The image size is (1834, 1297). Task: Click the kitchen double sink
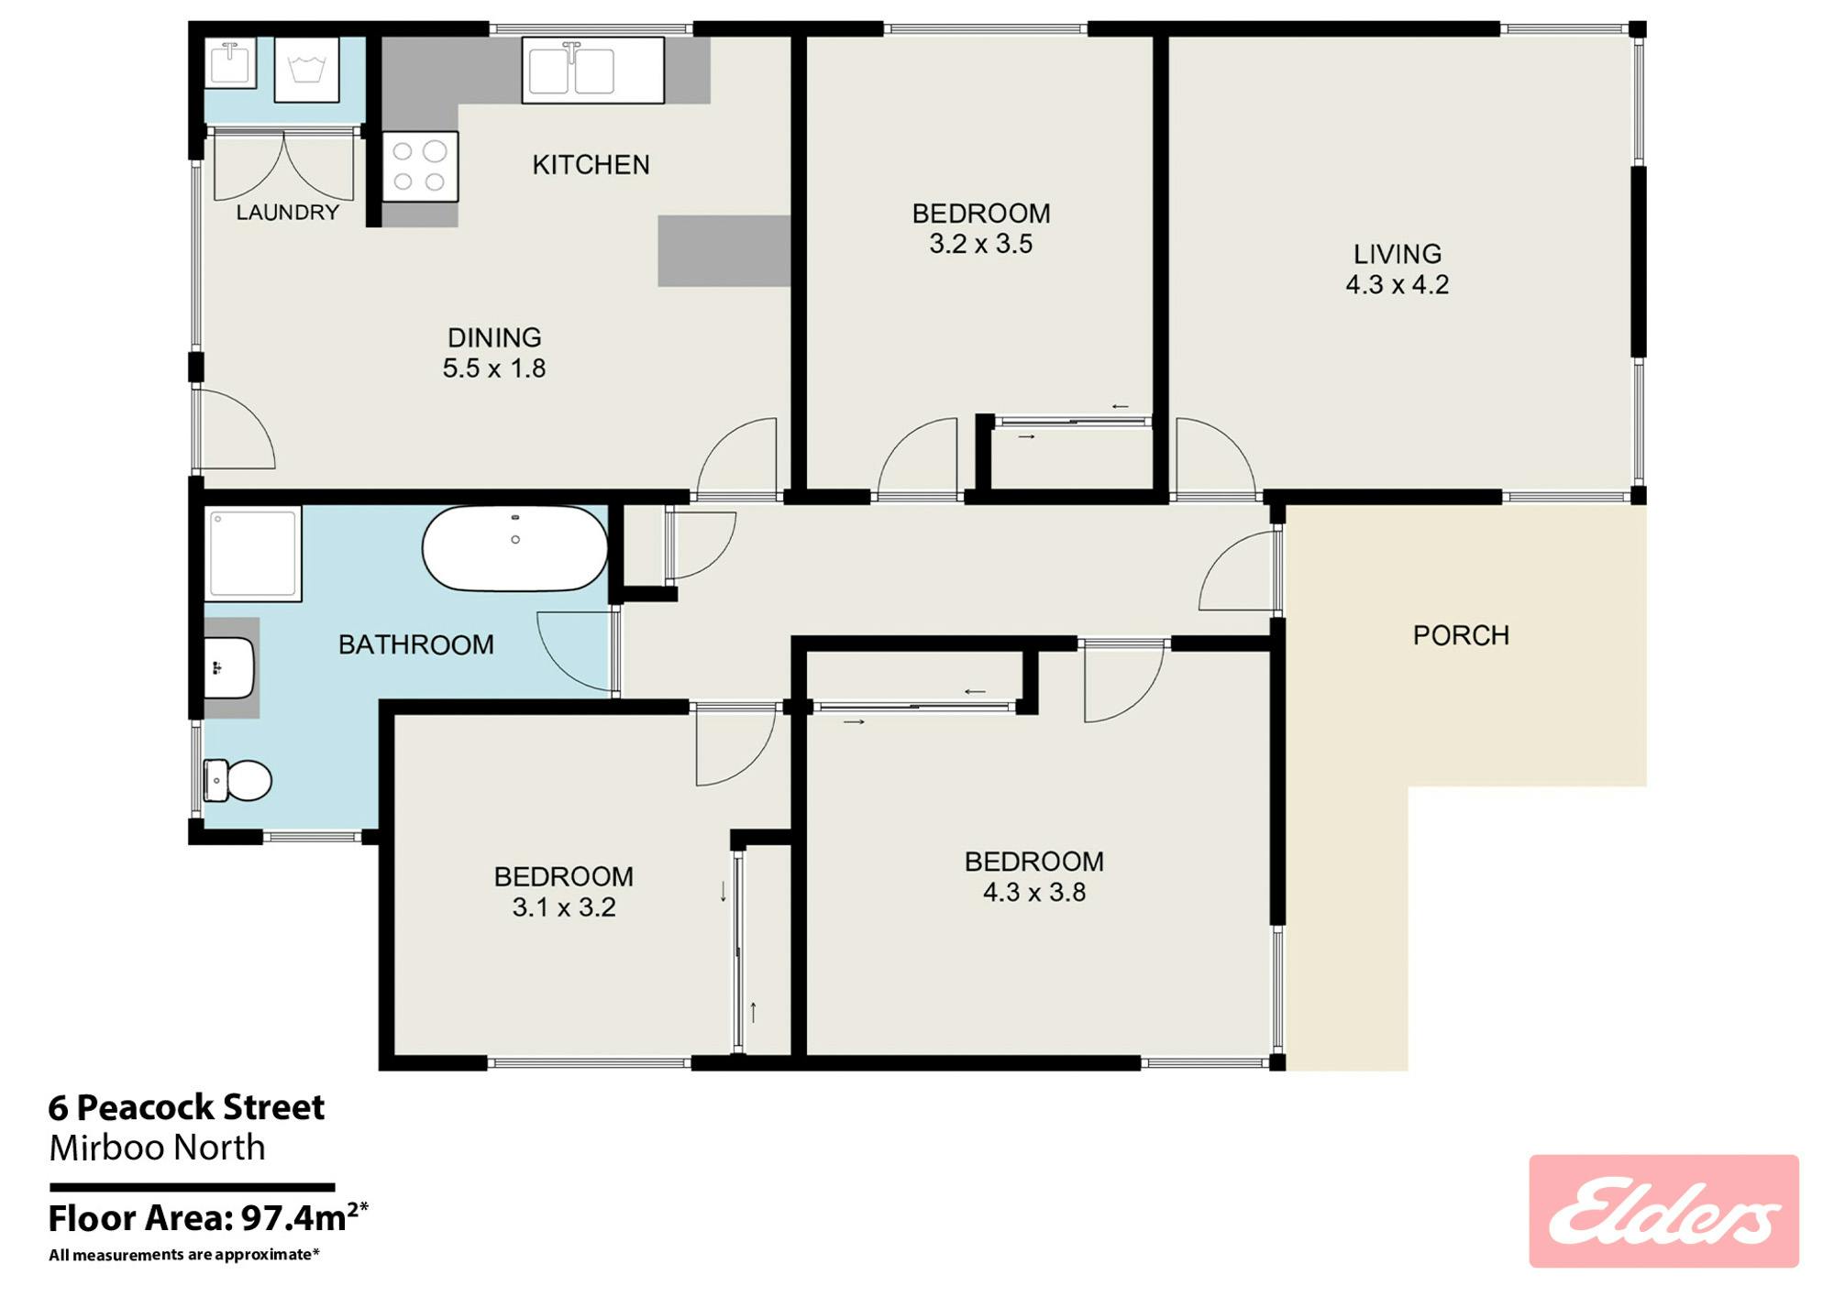[593, 70]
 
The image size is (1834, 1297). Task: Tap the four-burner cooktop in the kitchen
[420, 166]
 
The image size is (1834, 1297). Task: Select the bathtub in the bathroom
[515, 548]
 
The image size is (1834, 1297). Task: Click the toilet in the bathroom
[238, 781]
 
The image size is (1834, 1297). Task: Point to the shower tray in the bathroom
[253, 554]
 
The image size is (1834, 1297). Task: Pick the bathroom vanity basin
[228, 667]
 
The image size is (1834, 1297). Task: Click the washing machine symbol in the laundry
[307, 70]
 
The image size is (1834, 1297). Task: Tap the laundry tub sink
[230, 62]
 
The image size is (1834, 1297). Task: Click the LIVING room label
[1398, 254]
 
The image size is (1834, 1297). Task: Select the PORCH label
[1461, 635]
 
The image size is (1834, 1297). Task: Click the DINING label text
[494, 337]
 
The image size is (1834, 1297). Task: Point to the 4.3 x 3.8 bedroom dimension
[1034, 892]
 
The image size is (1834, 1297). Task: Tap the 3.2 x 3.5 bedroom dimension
[981, 244]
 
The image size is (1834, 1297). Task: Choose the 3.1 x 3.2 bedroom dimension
[564, 907]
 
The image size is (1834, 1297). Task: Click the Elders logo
[1663, 1211]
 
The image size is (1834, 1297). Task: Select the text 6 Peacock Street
[186, 1107]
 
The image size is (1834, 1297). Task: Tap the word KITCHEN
[591, 165]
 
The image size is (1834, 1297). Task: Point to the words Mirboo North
[157, 1148]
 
